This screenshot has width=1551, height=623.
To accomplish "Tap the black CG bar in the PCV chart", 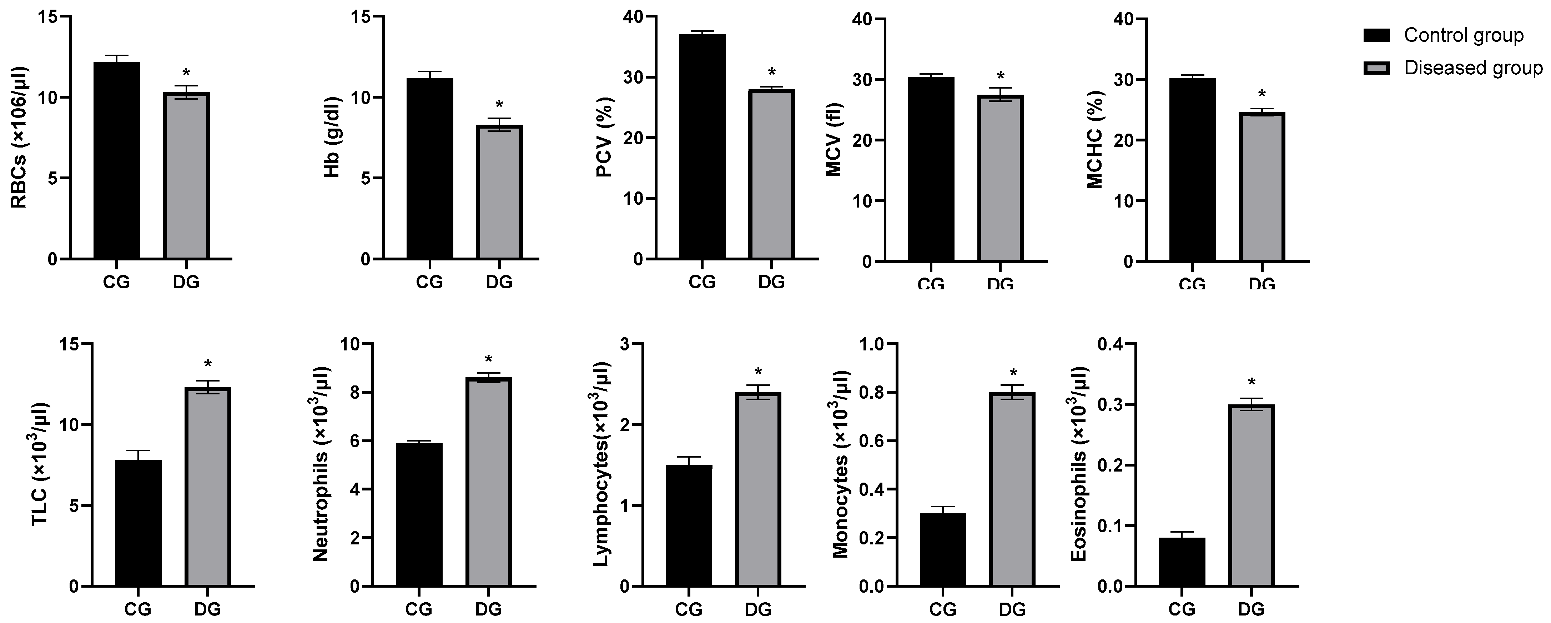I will tap(702, 147).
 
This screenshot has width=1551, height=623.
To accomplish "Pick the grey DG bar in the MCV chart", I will tap(1000, 178).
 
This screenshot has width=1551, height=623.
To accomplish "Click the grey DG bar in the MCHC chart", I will tap(1262, 187).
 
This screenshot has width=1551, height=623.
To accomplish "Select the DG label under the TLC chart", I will tap(208, 609).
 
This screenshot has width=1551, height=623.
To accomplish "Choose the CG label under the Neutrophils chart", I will tap(418, 609).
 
